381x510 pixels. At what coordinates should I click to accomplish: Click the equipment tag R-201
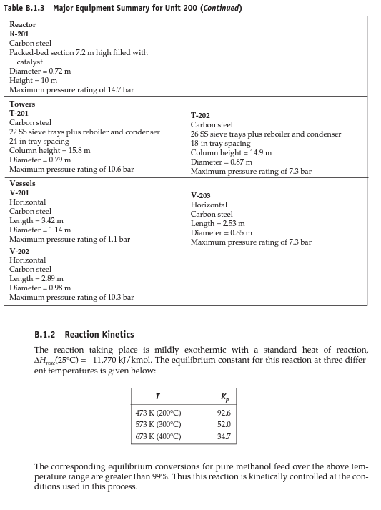(19, 34)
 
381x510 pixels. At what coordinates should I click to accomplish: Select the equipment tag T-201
(19, 113)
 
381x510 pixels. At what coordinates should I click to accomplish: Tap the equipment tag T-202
(200, 115)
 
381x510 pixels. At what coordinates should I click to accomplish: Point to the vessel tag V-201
(19, 193)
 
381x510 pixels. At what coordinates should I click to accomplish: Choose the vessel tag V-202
(19, 251)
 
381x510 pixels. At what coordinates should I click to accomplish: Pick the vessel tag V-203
(201, 195)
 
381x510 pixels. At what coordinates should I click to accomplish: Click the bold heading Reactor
(22, 24)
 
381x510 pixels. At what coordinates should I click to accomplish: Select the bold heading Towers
(21, 104)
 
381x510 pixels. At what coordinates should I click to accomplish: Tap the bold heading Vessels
(22, 184)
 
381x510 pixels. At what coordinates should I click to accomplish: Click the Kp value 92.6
(224, 413)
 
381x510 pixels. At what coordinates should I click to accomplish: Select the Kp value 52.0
(224, 424)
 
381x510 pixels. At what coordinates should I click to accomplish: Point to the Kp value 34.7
(224, 436)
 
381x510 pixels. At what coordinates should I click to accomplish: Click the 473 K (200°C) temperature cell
(158, 413)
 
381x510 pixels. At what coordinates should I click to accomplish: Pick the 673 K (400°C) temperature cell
(158, 436)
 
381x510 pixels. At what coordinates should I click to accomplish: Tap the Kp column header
(225, 397)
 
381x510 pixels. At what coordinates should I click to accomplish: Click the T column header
(157, 396)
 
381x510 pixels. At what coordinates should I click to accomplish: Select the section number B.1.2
(45, 335)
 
